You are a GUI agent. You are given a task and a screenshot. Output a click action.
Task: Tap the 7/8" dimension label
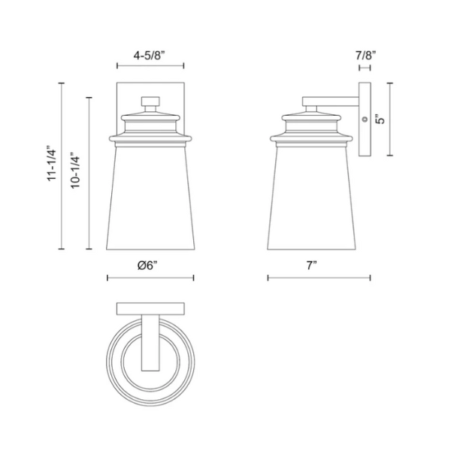pos(366,55)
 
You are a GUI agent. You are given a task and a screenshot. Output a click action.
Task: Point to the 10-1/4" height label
pos(75,171)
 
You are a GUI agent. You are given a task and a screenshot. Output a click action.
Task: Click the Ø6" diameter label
pos(147,265)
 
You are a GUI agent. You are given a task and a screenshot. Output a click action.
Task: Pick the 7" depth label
pos(311,265)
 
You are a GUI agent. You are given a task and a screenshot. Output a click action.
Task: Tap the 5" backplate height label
pos(381,120)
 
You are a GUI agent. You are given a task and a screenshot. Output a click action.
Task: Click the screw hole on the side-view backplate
pos(365,119)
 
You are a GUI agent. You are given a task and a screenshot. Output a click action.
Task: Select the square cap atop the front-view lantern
pos(150,101)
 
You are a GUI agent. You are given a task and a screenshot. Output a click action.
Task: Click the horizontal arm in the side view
pos(331,101)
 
